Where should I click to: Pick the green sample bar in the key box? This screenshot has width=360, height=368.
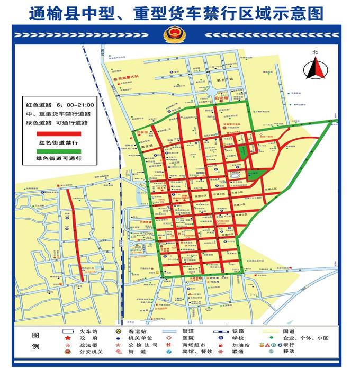point(58,151)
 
